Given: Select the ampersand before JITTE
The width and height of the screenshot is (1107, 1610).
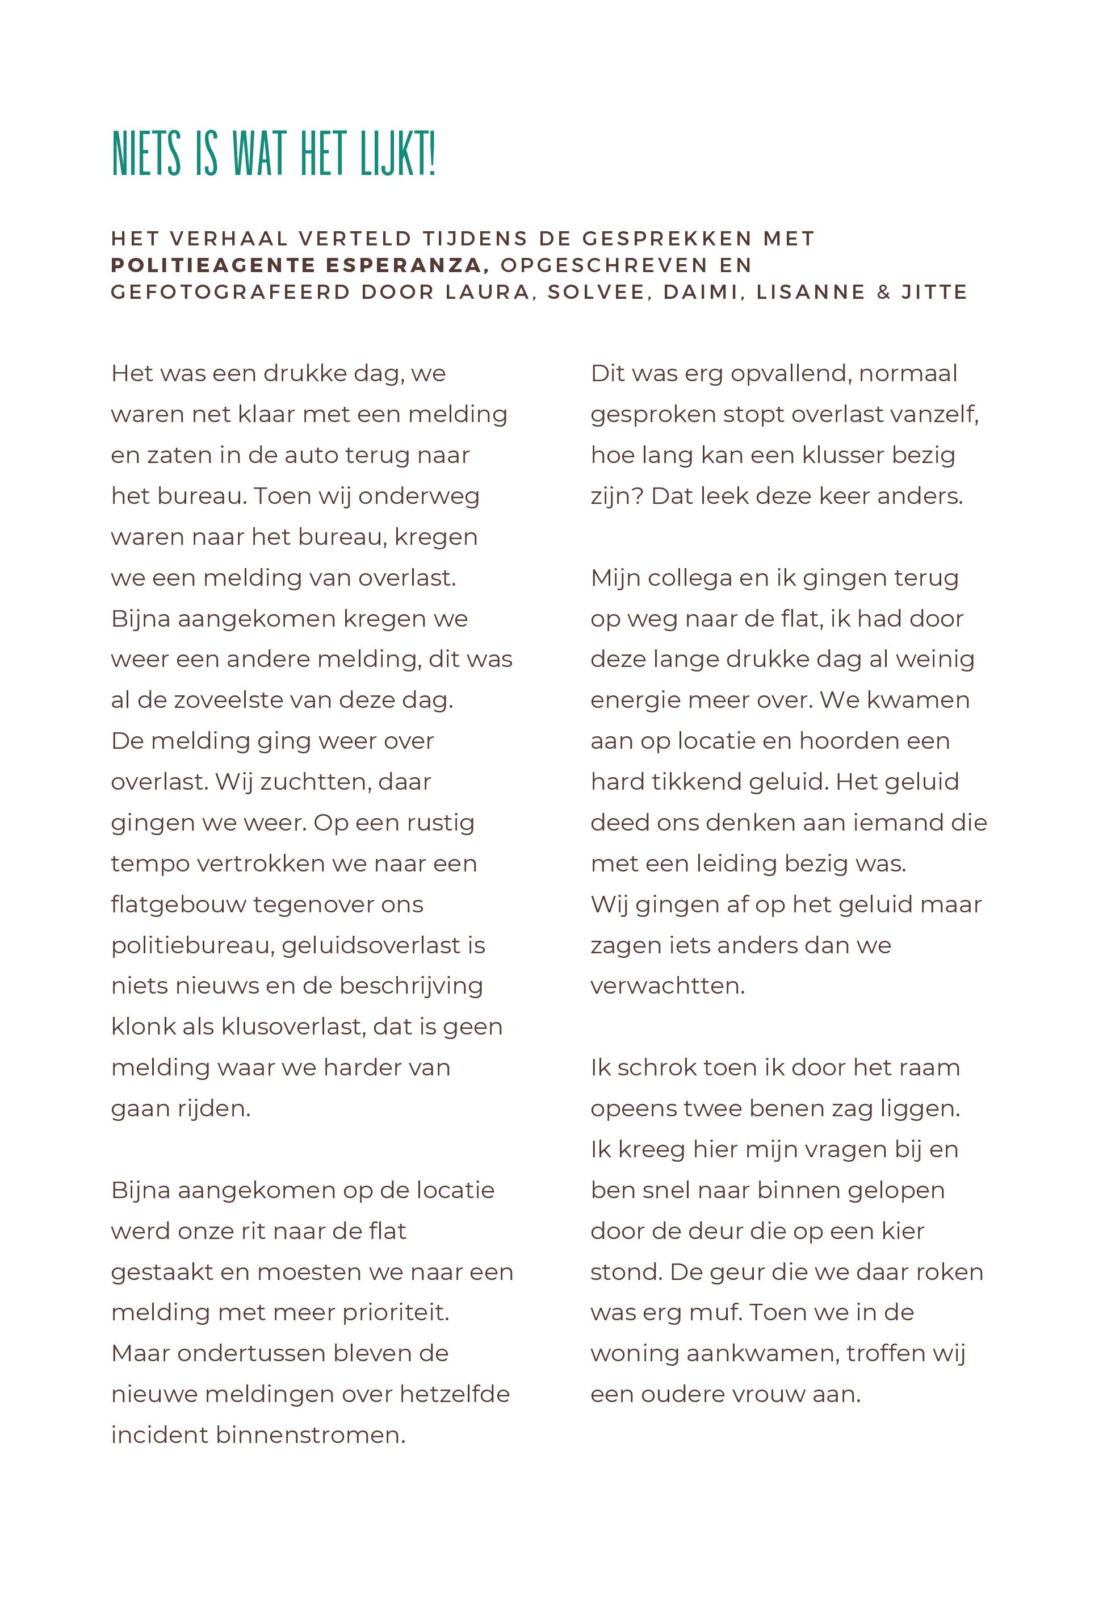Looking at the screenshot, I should tap(883, 292).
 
